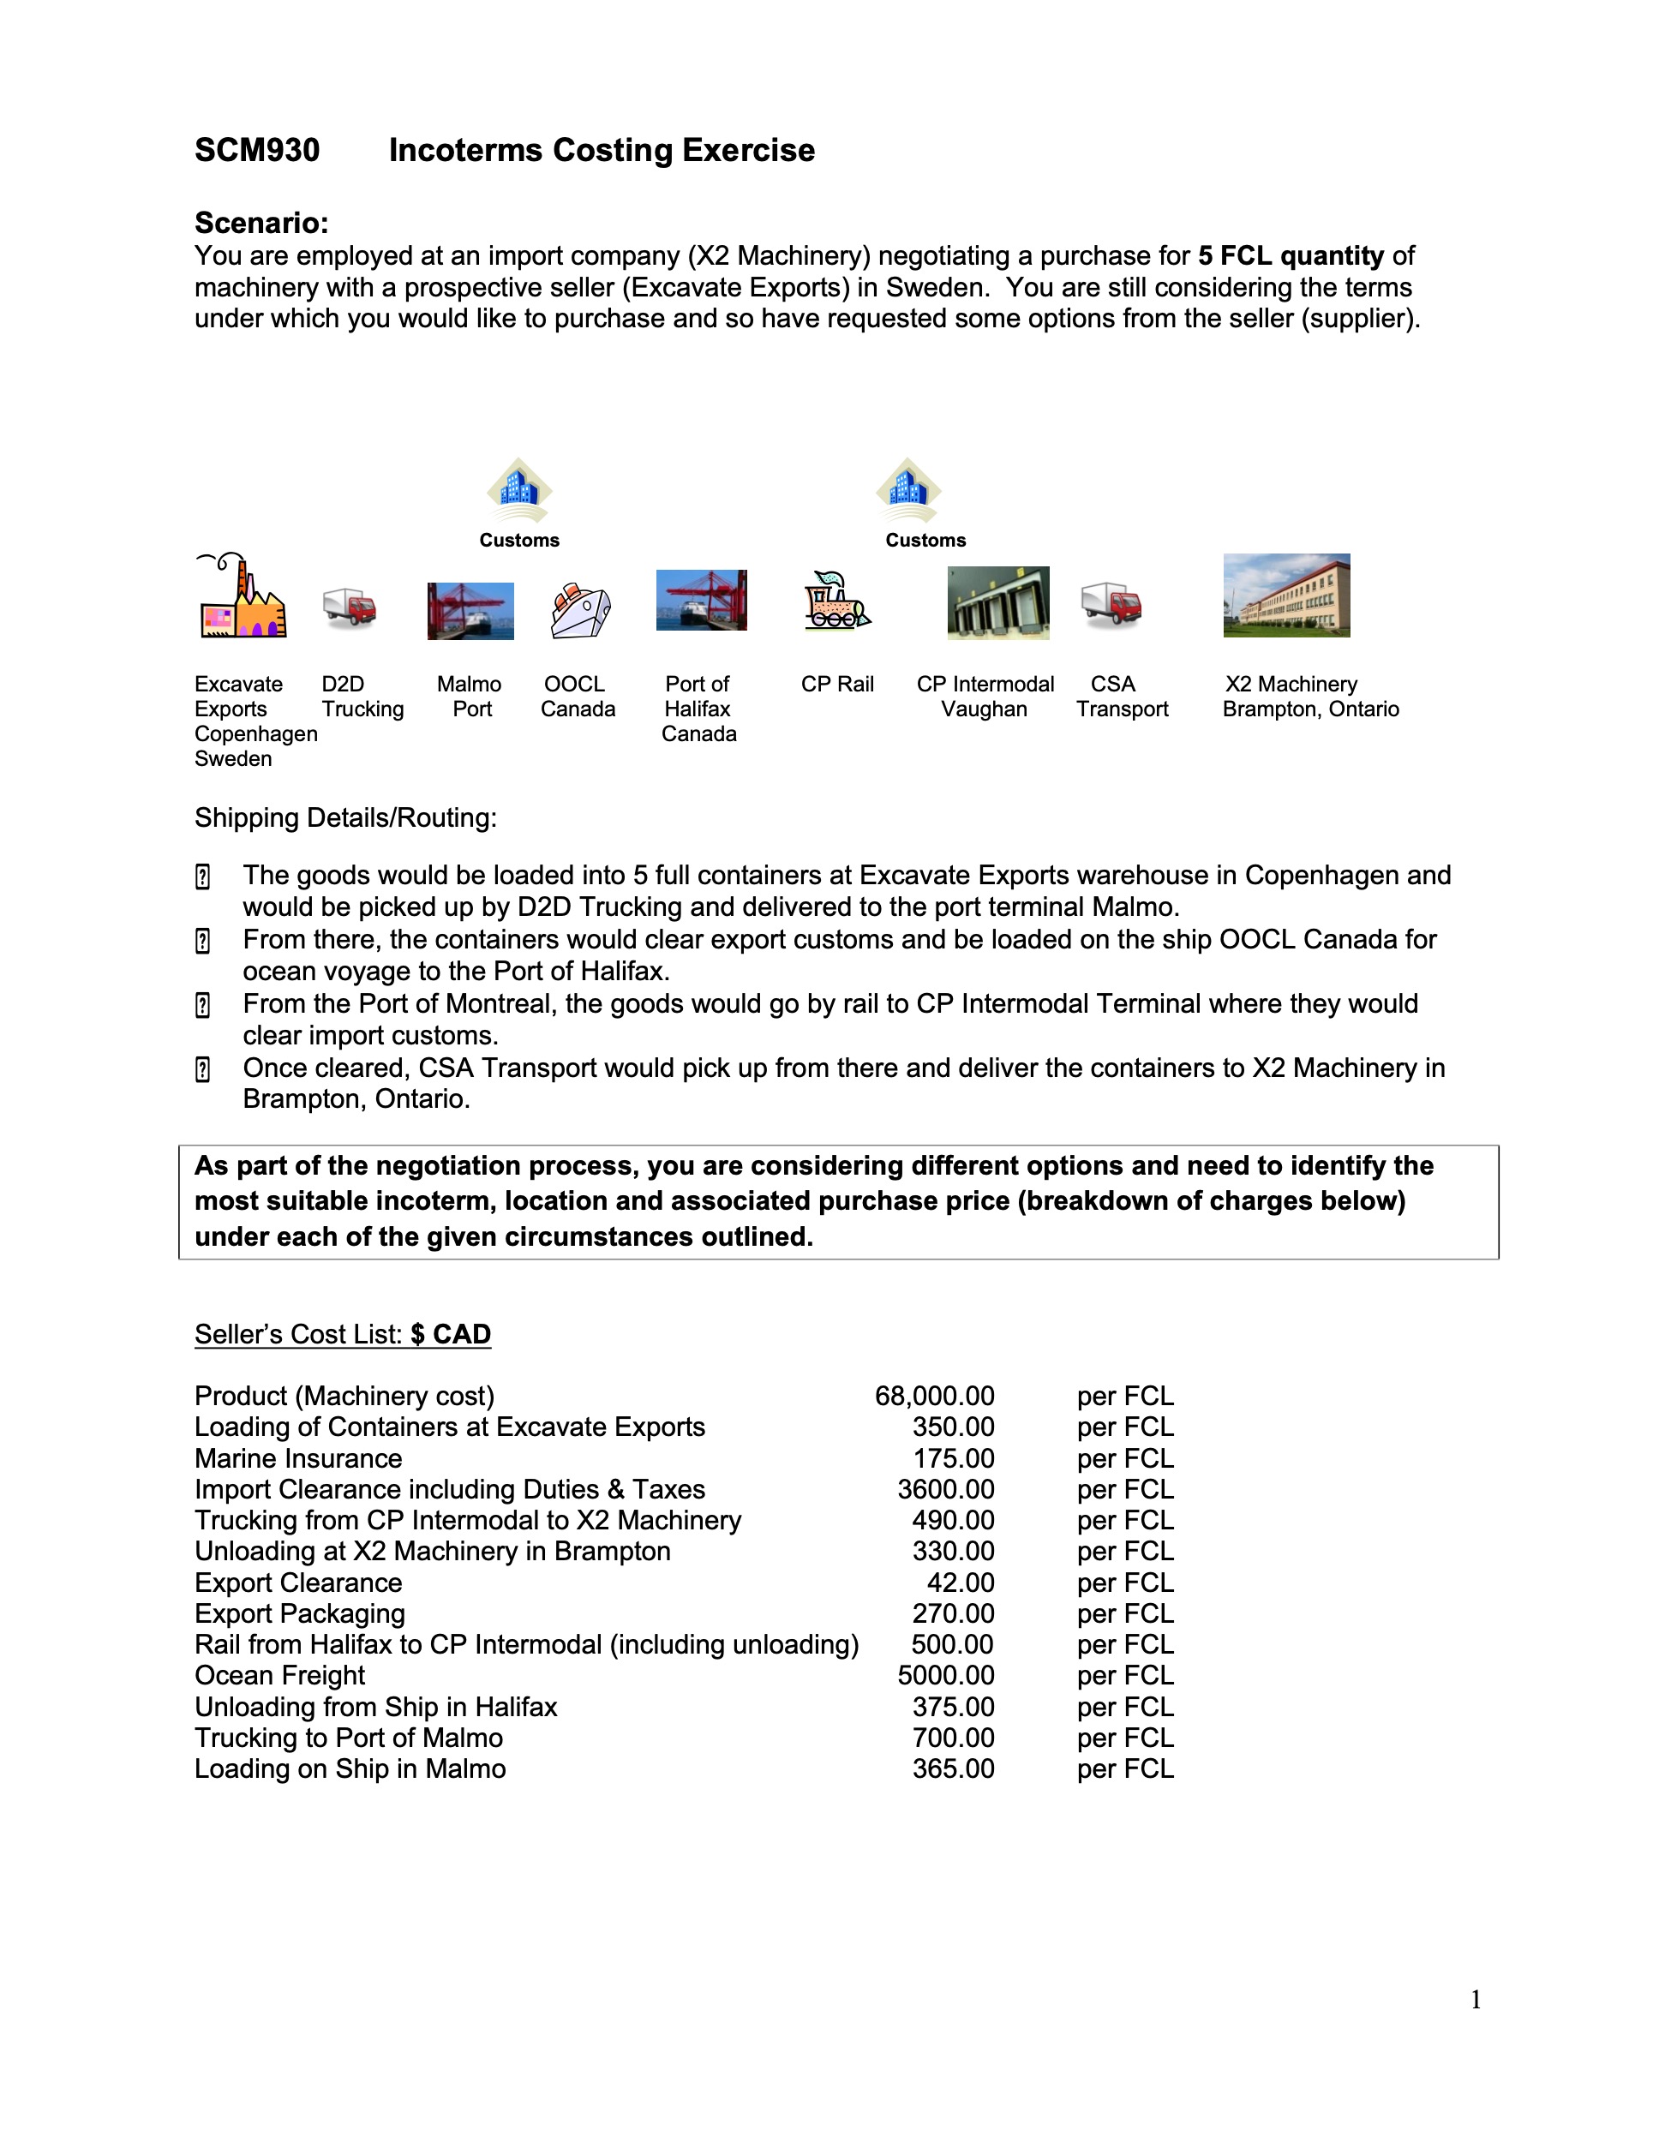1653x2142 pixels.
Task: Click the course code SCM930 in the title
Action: [x=257, y=150]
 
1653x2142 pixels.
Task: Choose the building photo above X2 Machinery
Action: [x=1286, y=595]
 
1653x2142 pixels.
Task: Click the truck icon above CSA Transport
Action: [x=1111, y=605]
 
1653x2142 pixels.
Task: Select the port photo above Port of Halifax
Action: [x=702, y=601]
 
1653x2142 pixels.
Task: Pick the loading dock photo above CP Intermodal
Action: [x=997, y=602]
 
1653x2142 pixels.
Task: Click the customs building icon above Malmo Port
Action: [x=519, y=489]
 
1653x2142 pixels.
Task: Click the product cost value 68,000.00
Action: [x=934, y=1396]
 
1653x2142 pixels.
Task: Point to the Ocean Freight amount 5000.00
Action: [x=946, y=1675]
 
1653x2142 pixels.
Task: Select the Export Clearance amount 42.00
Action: [x=961, y=1582]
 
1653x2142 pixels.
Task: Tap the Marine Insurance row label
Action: [x=298, y=1458]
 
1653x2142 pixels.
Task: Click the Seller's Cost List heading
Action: [x=343, y=1334]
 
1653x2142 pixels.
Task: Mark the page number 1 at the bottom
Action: [x=1476, y=2000]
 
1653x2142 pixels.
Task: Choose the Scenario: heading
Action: [x=261, y=223]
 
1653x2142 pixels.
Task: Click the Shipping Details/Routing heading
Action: [x=345, y=817]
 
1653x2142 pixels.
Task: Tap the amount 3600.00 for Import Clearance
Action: [x=946, y=1489]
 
